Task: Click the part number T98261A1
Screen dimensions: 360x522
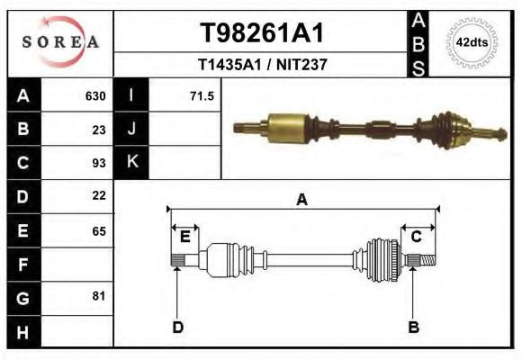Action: pyautogui.click(x=261, y=33)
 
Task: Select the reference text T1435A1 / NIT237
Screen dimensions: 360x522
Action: pyautogui.click(x=261, y=65)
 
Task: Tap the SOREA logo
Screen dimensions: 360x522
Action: pyautogui.click(x=60, y=42)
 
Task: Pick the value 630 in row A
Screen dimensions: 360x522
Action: pyautogui.click(x=95, y=96)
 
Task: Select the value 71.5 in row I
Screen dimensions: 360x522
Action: pyautogui.click(x=202, y=96)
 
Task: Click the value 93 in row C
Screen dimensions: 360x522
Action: pyautogui.click(x=99, y=163)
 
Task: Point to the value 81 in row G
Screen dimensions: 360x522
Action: pyautogui.click(x=99, y=296)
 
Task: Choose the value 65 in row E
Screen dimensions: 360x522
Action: pyautogui.click(x=99, y=230)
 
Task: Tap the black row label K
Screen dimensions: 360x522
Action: pyautogui.click(x=131, y=163)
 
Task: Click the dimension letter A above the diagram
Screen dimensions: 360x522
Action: pyautogui.click(x=301, y=200)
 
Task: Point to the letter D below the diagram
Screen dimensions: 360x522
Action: pyautogui.click(x=177, y=328)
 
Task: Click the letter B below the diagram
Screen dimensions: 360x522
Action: pyautogui.click(x=414, y=328)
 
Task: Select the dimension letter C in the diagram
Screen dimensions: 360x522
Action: pyautogui.click(x=417, y=237)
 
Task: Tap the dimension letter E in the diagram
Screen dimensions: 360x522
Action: pyautogui.click(x=184, y=237)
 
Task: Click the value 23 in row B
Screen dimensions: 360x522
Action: pyautogui.click(x=99, y=130)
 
